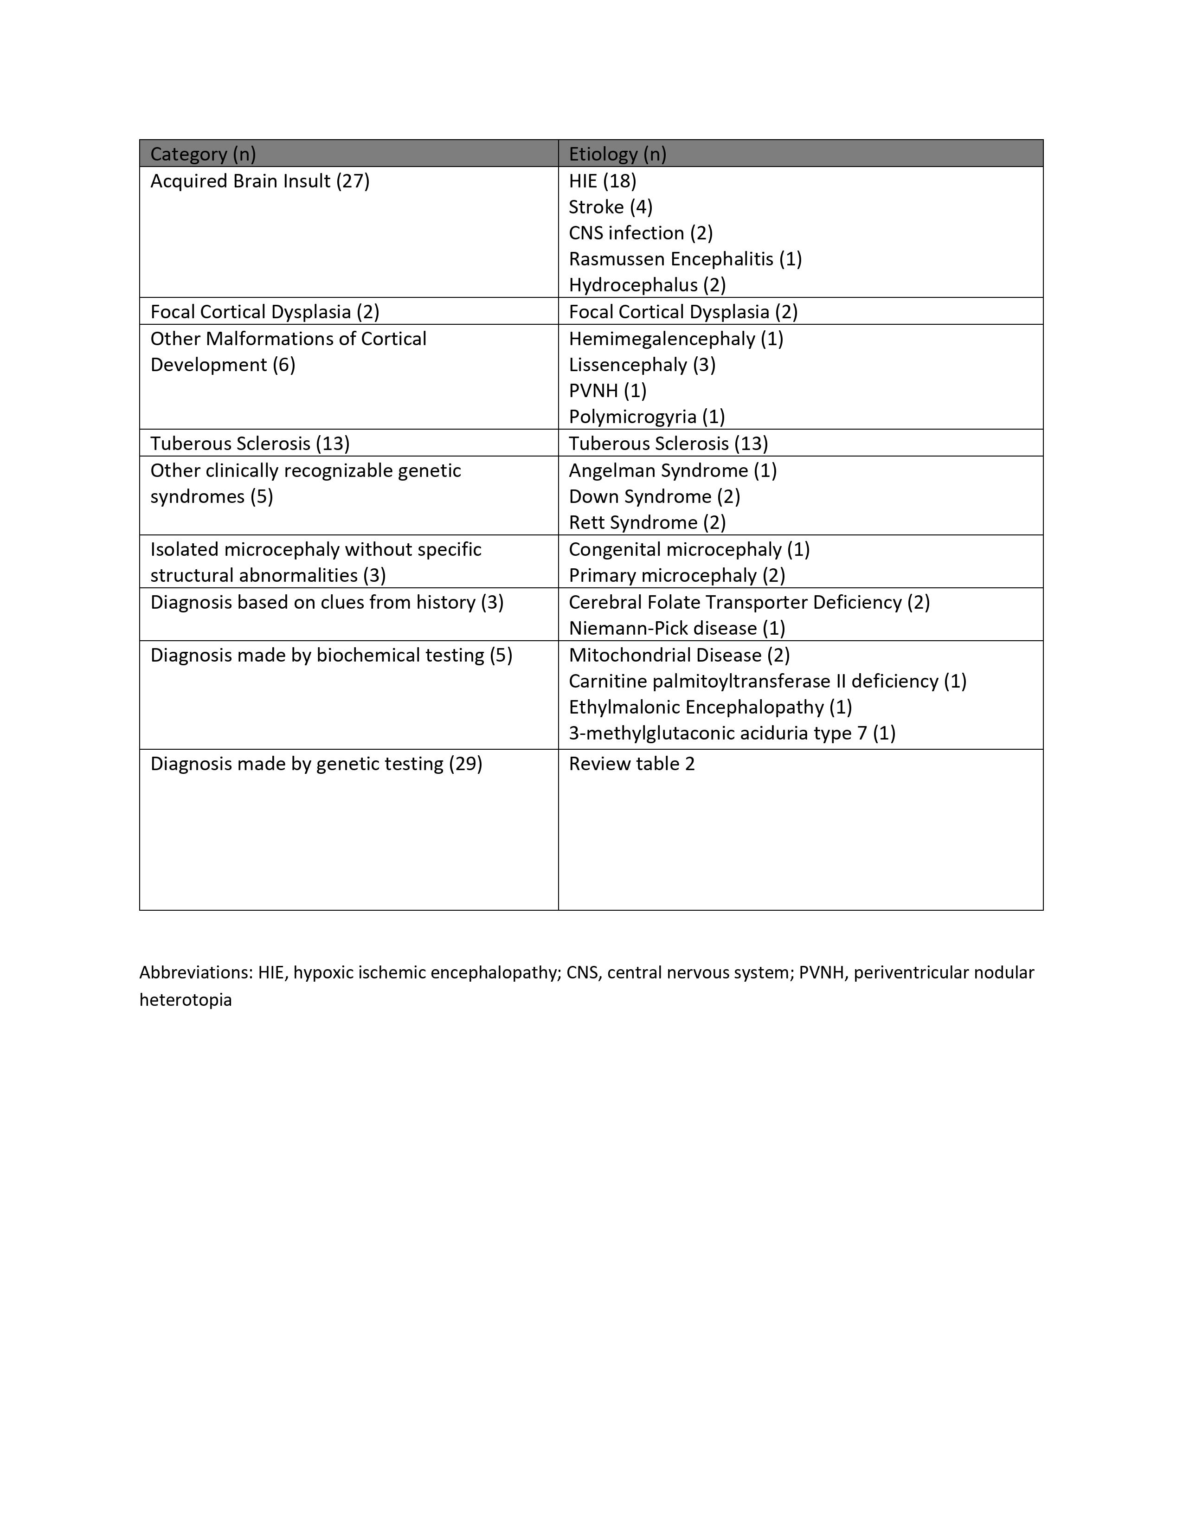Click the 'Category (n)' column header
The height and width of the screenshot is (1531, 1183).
click(203, 154)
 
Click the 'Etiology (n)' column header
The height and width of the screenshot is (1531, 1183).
click(617, 154)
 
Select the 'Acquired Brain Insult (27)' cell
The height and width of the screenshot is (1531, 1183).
click(259, 181)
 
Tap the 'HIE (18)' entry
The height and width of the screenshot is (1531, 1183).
click(602, 181)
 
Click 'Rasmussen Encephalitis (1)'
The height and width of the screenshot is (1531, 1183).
click(685, 259)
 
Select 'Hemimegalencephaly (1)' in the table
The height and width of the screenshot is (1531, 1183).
click(675, 339)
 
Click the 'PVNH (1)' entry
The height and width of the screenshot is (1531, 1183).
click(607, 391)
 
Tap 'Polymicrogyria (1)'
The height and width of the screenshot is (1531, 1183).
click(646, 417)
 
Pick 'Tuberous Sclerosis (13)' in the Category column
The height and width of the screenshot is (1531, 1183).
click(250, 444)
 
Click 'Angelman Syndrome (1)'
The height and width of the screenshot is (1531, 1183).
click(672, 470)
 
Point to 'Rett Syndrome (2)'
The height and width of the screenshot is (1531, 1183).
click(647, 523)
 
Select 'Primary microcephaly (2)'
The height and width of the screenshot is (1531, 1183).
click(676, 576)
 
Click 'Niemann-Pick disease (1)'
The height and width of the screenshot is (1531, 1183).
click(676, 628)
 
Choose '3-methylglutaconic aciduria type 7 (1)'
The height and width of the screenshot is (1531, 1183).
click(732, 733)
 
